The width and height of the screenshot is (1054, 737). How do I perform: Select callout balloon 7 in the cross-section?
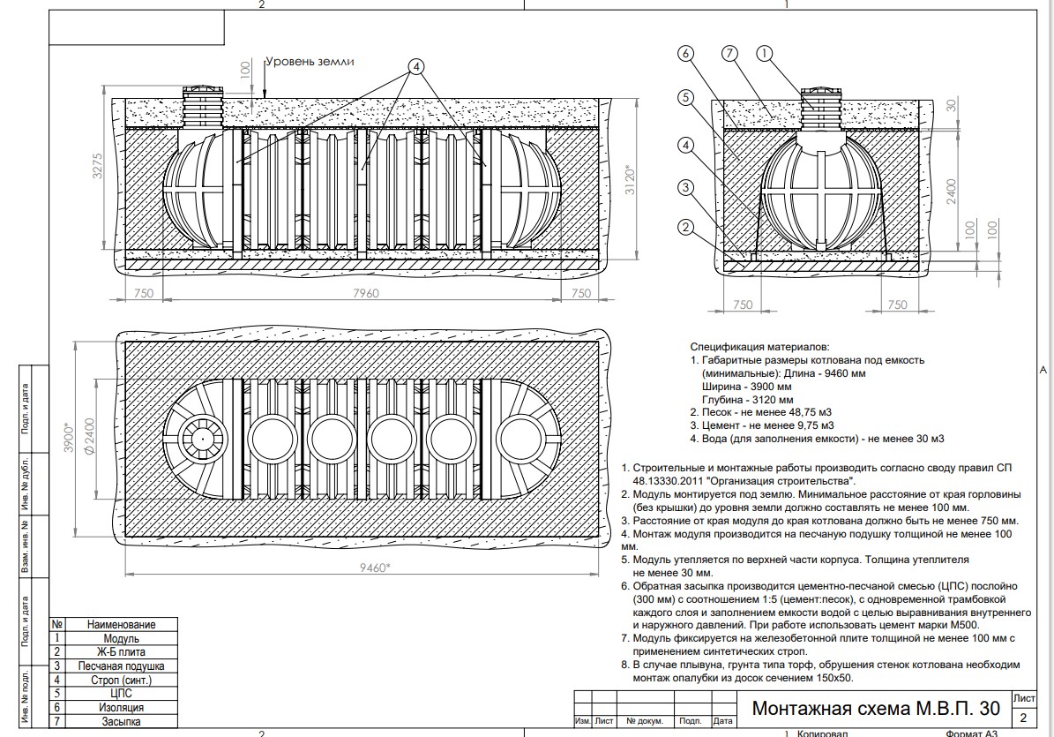[729, 55]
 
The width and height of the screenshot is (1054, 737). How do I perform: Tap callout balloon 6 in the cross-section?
[686, 55]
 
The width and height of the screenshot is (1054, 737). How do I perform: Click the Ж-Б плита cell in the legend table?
[122, 651]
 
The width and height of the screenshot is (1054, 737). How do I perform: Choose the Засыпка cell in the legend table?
[122, 721]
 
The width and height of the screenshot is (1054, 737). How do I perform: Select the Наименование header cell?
[122, 624]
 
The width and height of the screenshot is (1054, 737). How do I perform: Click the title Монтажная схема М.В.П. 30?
[876, 709]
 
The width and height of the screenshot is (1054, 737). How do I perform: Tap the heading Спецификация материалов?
[759, 348]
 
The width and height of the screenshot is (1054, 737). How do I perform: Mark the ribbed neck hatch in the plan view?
[202, 438]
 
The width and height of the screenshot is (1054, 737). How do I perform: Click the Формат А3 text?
[972, 733]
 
